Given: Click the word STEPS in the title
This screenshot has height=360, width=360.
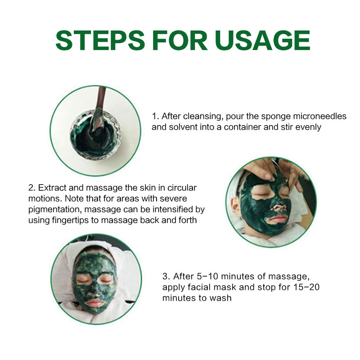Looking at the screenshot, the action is point(100,40).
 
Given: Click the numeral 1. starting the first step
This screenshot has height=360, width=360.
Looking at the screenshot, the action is point(155,116).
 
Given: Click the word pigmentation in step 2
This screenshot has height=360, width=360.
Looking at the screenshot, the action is point(55,210).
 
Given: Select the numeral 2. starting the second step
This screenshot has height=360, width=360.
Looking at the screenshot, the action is point(32,188).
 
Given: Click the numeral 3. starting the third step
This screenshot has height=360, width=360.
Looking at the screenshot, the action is point(166,276).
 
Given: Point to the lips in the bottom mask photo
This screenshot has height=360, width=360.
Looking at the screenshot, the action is point(94,302).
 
